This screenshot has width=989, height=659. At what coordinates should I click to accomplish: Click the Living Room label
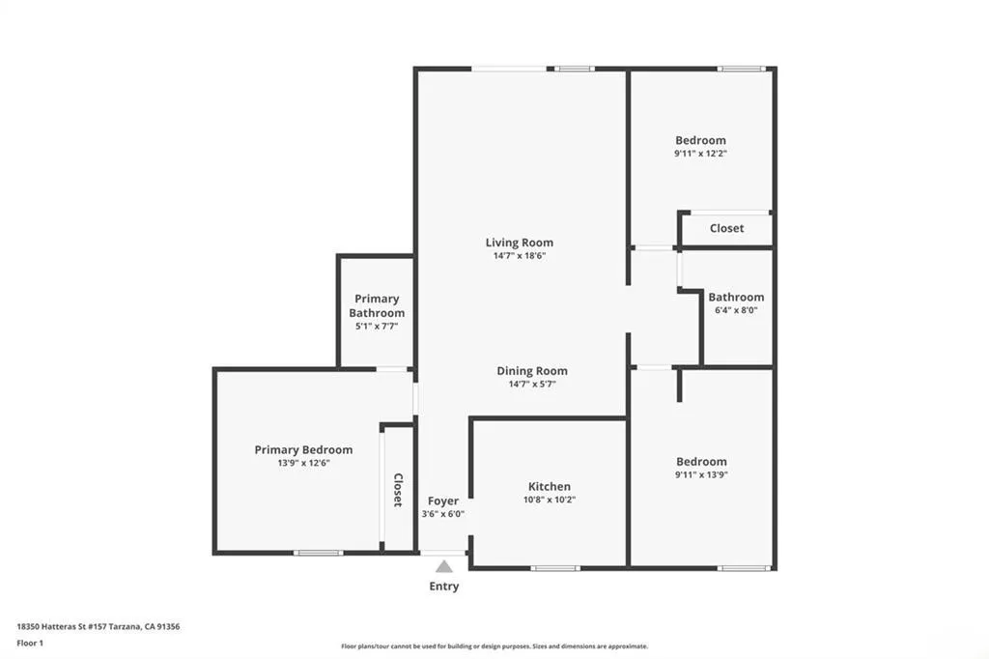click(520, 243)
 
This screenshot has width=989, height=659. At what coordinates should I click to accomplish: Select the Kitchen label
click(549, 486)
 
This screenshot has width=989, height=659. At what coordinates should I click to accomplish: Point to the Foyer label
click(443, 501)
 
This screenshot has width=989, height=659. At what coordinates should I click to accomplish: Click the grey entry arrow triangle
click(443, 566)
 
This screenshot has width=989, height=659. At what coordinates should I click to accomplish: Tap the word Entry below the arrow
click(443, 587)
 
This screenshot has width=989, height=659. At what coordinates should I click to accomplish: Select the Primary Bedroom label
click(303, 449)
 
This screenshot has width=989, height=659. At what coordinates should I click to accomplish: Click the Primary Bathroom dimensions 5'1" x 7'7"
click(377, 327)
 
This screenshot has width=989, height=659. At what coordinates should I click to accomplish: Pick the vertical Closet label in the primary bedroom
click(397, 490)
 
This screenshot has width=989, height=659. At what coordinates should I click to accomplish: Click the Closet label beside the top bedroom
click(726, 228)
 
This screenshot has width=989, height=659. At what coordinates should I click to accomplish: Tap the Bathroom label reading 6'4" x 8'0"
click(736, 297)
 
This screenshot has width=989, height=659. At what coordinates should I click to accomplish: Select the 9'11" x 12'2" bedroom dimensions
click(700, 153)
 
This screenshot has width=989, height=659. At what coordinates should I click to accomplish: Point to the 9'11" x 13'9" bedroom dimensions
click(701, 474)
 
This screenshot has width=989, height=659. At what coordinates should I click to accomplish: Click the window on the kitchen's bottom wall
click(555, 567)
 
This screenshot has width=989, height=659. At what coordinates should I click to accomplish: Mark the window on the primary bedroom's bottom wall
click(318, 553)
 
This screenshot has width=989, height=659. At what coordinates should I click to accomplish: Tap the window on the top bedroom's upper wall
click(741, 69)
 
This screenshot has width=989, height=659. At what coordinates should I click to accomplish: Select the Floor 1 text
click(30, 642)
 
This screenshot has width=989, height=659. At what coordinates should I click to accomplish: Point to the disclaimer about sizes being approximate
click(494, 646)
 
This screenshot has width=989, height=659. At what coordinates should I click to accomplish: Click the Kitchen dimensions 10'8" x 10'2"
click(549, 500)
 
